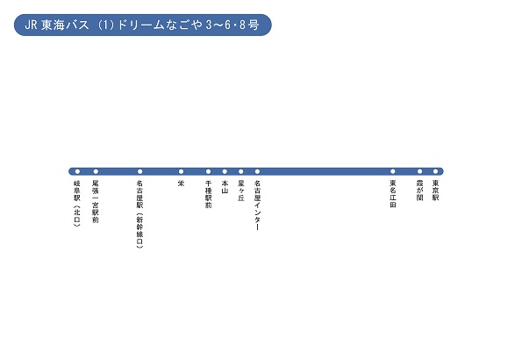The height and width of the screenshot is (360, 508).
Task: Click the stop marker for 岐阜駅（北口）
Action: (77, 171)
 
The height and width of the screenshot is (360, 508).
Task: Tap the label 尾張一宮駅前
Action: (96, 202)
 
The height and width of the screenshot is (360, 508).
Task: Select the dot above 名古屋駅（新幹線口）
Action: (140, 171)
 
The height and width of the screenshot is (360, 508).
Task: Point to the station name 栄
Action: (181, 184)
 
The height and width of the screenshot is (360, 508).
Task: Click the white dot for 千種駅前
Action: (208, 171)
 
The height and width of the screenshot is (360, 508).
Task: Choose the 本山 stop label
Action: (225, 187)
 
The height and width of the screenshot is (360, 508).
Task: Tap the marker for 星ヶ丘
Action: (241, 171)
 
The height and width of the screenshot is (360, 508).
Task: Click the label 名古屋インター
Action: (258, 205)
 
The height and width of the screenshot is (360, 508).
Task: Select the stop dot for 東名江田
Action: (393, 171)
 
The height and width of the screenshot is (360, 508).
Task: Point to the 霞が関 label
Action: (420, 191)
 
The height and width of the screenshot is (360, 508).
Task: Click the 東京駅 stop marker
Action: (435, 171)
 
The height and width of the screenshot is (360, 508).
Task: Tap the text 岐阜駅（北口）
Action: (77, 204)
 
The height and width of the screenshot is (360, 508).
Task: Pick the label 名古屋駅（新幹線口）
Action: (140, 214)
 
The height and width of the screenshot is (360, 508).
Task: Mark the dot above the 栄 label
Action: (181, 171)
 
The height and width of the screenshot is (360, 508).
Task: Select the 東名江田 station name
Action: (393, 194)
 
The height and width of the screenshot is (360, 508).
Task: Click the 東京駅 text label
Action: (436, 191)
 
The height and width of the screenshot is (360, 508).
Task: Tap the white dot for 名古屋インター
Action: (257, 171)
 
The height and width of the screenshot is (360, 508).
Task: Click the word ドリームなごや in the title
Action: (160, 25)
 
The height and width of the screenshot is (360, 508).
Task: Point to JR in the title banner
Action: (31, 25)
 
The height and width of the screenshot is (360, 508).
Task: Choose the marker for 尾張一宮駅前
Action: (96, 171)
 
